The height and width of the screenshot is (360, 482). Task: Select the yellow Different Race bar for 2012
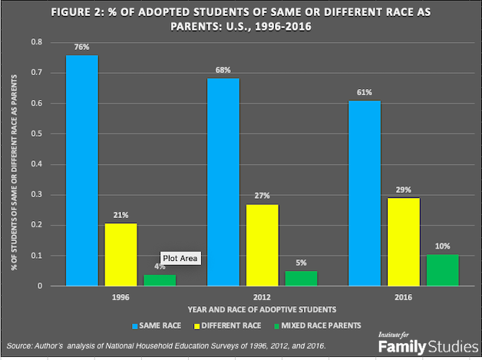(262, 245)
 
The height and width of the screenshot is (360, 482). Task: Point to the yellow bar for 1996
(121, 254)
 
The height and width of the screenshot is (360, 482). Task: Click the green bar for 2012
(301, 278)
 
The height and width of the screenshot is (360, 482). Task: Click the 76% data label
(81, 47)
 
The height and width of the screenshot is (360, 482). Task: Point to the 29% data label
(404, 190)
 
